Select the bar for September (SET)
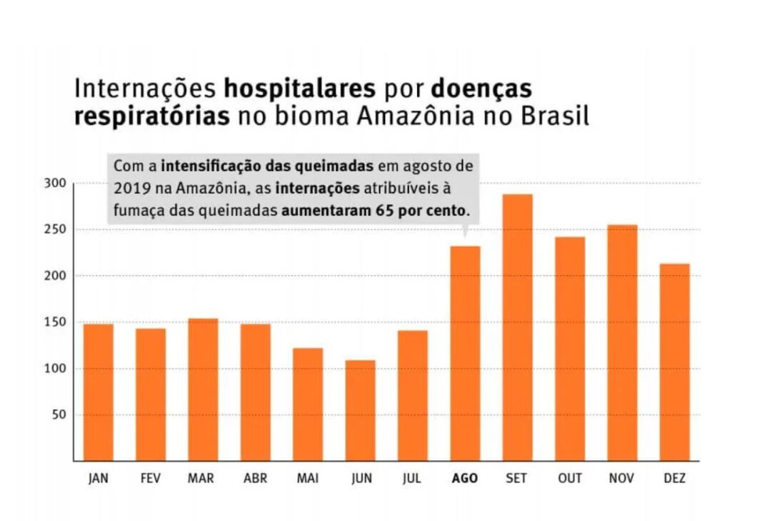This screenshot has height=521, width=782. tap(517, 328)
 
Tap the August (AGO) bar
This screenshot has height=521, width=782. tap(465, 353)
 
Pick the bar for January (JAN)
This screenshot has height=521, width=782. tap(98, 392)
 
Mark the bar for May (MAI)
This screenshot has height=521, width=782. tap(308, 404)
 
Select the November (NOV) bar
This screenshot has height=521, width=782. tap(622, 343)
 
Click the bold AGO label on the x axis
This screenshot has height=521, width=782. tap(465, 479)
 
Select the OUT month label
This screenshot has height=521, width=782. tap(569, 479)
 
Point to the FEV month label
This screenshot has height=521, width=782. tap(151, 479)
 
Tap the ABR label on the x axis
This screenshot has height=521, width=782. tap(255, 479)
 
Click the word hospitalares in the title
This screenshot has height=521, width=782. tap(300, 89)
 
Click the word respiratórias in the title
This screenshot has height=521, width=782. tap(151, 116)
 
